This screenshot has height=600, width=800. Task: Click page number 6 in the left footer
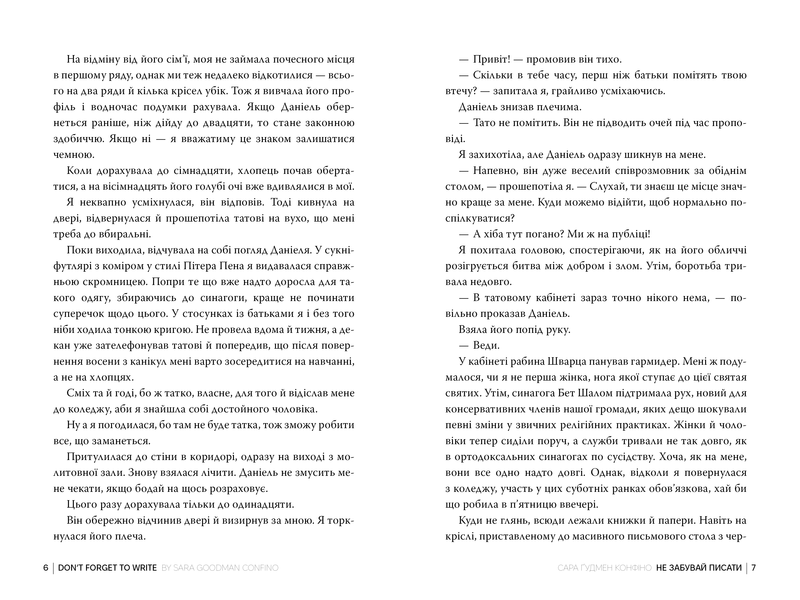pyautogui.click(x=46, y=568)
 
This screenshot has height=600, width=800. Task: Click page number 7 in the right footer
pyautogui.click(x=754, y=568)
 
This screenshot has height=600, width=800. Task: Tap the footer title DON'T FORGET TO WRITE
pyautogui.click(x=107, y=568)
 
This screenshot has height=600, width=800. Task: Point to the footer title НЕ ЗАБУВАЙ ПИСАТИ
pyautogui.click(x=699, y=568)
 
